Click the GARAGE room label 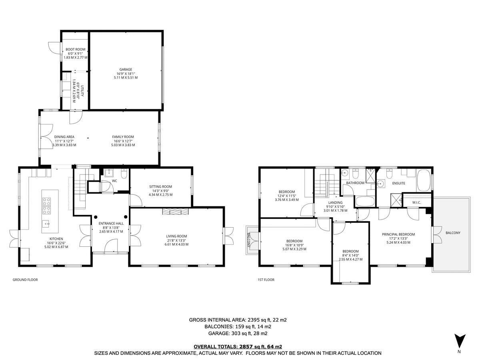pos(126,70)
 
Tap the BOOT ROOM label pos(76,49)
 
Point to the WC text pos(114,181)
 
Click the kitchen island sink pos(46,224)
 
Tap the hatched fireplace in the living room pos(175,212)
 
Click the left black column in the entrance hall pos(96,217)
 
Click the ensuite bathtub pos(424,180)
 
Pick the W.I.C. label pos(416,203)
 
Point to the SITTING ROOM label pos(160,186)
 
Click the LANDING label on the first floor pos(335,203)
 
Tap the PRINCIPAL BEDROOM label pos(398,234)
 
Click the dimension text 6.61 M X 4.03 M pos(176,244)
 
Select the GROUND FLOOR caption pos(25,280)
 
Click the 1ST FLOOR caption pos(266,280)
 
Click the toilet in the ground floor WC pos(124,174)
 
